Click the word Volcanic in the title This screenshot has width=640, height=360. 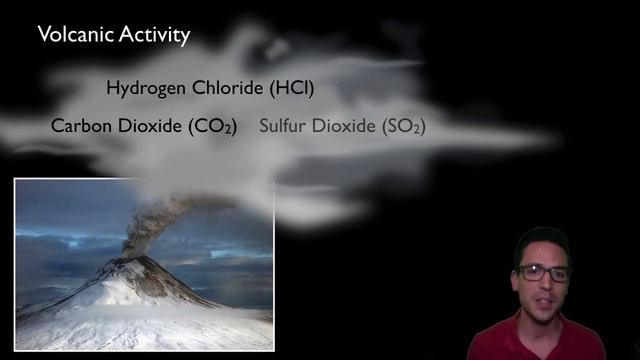73,35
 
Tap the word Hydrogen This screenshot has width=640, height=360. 146,88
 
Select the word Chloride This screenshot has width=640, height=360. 227,88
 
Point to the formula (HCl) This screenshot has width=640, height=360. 292,88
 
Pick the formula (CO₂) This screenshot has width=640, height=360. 211,127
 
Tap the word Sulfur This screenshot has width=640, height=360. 283,127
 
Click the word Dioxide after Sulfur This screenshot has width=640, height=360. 343,127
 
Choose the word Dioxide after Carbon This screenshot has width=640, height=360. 147,127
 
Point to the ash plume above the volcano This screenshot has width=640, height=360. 150,222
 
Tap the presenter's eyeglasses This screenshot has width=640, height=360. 543,273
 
